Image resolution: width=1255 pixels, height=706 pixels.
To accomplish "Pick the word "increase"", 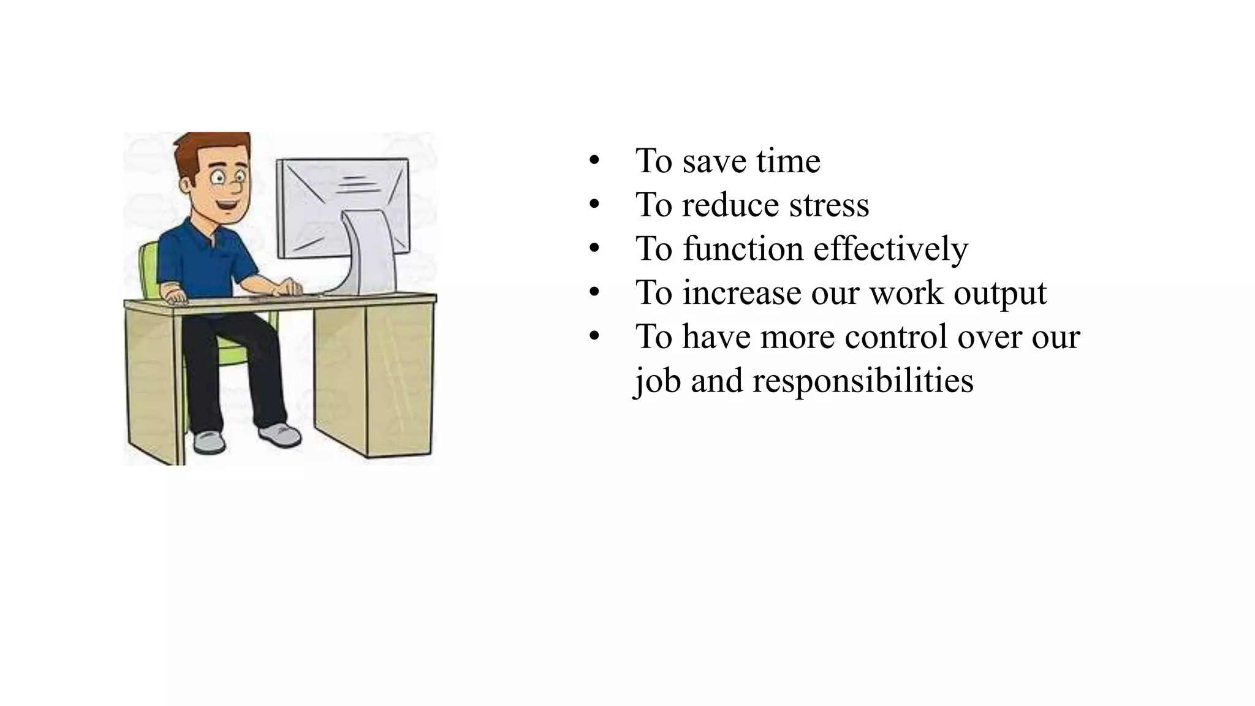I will coord(741,293).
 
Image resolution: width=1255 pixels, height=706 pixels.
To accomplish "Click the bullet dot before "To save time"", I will coord(593,161).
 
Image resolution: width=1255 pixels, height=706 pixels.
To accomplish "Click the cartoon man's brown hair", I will coord(208,147).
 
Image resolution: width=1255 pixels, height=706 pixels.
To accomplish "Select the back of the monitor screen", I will coord(319,202).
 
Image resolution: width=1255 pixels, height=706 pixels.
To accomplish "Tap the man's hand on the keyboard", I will coord(288,287).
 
